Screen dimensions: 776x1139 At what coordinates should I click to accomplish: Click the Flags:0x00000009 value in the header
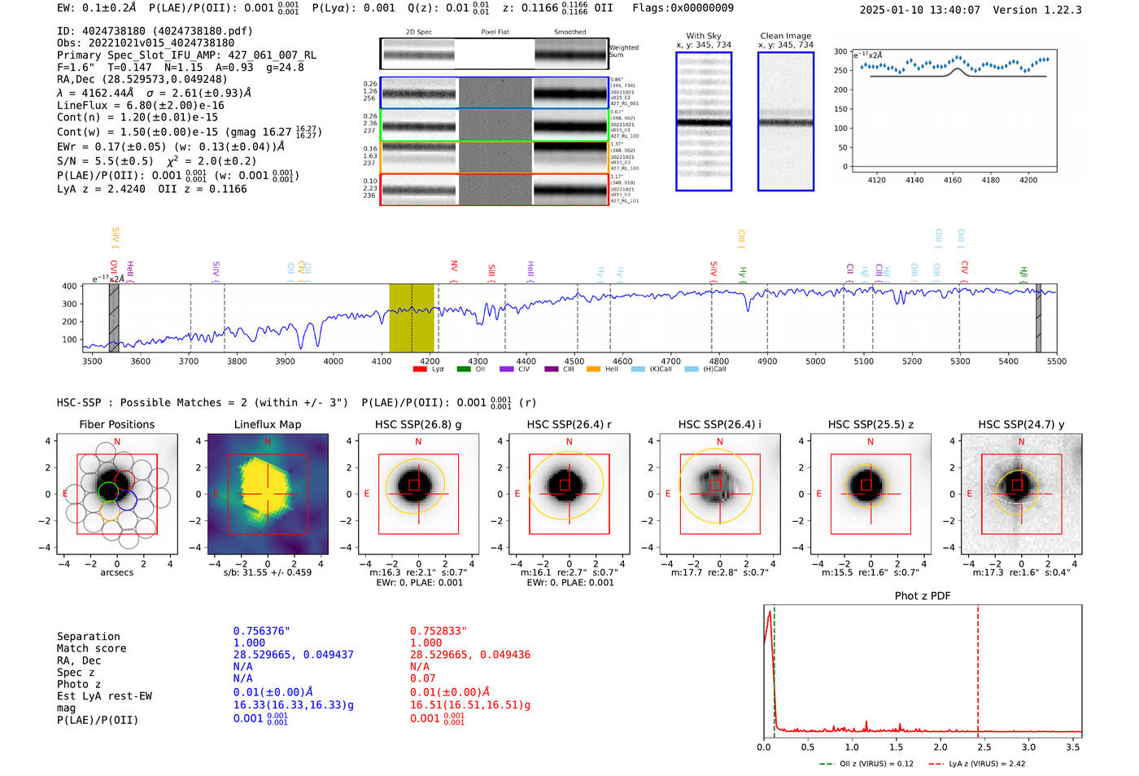click(x=683, y=7)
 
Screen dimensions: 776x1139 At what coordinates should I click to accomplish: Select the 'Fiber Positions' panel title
click(x=116, y=424)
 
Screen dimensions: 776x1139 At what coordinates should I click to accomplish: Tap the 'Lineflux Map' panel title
click(x=268, y=424)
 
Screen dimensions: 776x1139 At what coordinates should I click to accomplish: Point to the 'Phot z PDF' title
click(x=923, y=595)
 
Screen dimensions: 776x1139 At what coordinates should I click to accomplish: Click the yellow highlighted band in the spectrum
click(x=411, y=318)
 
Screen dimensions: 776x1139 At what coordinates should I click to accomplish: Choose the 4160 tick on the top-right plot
click(x=953, y=180)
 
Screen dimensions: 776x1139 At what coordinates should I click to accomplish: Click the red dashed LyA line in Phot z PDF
click(x=978, y=668)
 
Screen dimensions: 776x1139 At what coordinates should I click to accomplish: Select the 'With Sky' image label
click(x=704, y=36)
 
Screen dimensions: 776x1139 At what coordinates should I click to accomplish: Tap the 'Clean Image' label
click(x=786, y=36)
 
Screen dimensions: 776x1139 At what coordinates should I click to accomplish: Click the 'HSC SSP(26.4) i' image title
click(x=719, y=424)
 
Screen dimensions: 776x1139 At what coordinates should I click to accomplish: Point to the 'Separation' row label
click(x=89, y=636)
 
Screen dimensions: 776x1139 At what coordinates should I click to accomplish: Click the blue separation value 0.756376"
click(x=261, y=631)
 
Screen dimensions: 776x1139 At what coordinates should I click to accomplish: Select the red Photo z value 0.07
click(x=422, y=677)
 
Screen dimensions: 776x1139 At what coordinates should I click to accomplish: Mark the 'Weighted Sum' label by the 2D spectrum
click(x=623, y=50)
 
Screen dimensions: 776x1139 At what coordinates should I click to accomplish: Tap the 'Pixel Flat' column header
click(x=495, y=32)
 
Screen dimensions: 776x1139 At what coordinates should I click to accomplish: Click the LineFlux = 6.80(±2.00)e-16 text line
click(x=140, y=105)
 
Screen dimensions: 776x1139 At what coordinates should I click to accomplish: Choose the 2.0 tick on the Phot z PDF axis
click(x=940, y=747)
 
